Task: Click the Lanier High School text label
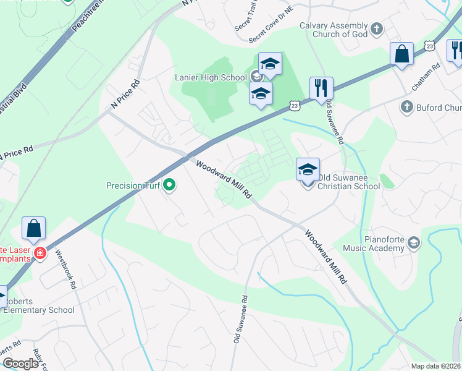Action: coord(211,77)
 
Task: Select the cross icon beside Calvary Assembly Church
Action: coord(377,29)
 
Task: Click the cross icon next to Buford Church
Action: coord(406,108)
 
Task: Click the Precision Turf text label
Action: coord(133,185)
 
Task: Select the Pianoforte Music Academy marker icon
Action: coord(414,243)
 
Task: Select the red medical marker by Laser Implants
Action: coord(40,253)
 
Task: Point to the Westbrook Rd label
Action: coord(66,269)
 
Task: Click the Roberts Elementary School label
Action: coord(38,310)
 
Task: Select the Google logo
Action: coord(20,364)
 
